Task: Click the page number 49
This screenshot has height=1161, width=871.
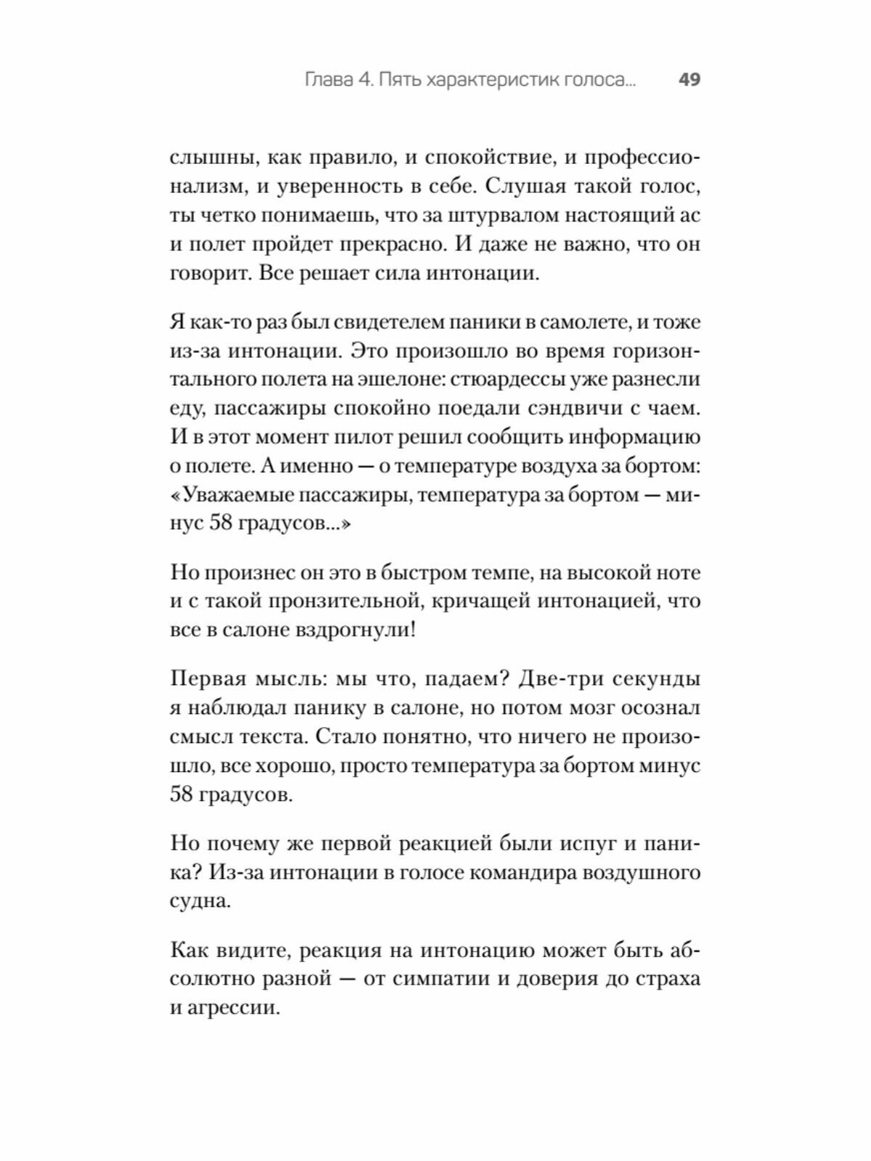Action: point(689,80)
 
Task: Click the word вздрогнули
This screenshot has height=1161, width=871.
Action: point(356,630)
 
